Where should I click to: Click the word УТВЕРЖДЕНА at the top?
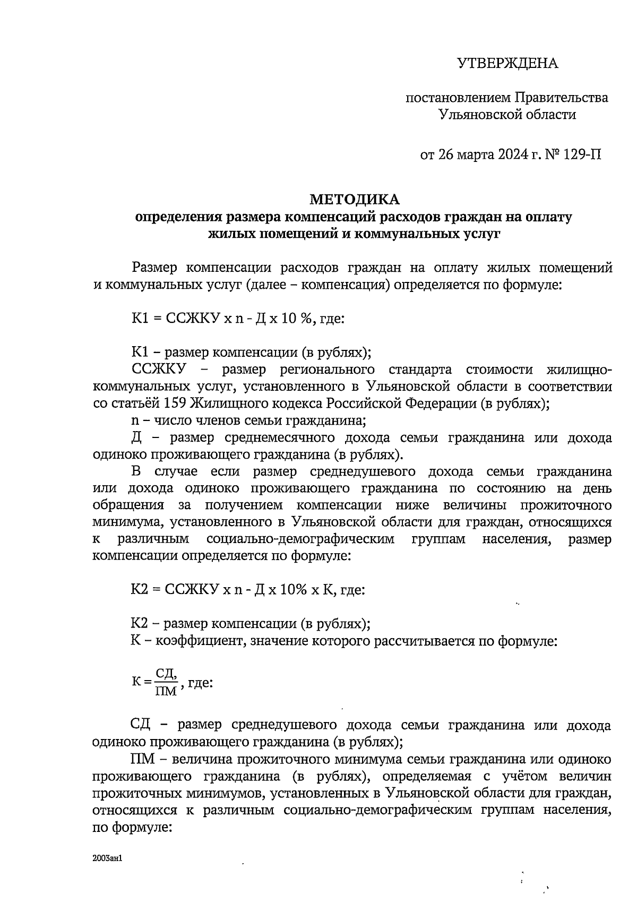coord(507,64)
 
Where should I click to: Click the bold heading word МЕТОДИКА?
coord(354,200)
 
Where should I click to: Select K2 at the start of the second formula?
coord(139,590)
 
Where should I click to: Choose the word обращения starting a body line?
coord(127,505)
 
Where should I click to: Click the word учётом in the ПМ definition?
coord(526,777)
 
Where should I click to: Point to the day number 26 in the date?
coord(444,155)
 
